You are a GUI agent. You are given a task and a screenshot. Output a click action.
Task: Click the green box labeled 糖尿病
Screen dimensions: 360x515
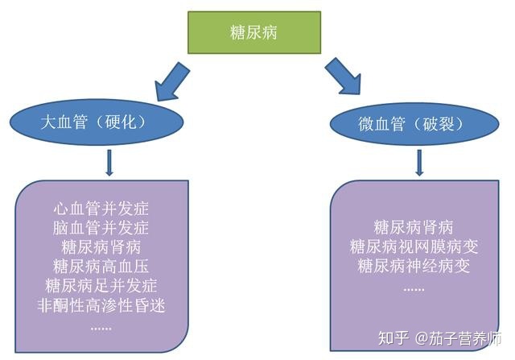253,33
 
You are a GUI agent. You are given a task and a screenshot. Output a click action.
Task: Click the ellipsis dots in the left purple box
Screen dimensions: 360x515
101,326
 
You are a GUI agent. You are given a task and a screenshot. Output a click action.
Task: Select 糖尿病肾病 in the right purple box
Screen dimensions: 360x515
414,226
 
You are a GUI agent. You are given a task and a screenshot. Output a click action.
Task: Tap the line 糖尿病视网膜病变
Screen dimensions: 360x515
414,246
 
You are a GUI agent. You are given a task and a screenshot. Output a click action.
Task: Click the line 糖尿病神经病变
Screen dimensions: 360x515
414,266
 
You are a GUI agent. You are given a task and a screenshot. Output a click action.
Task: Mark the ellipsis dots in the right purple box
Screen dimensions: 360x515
414,287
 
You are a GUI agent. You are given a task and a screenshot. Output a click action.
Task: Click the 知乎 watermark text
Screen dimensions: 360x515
396,338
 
